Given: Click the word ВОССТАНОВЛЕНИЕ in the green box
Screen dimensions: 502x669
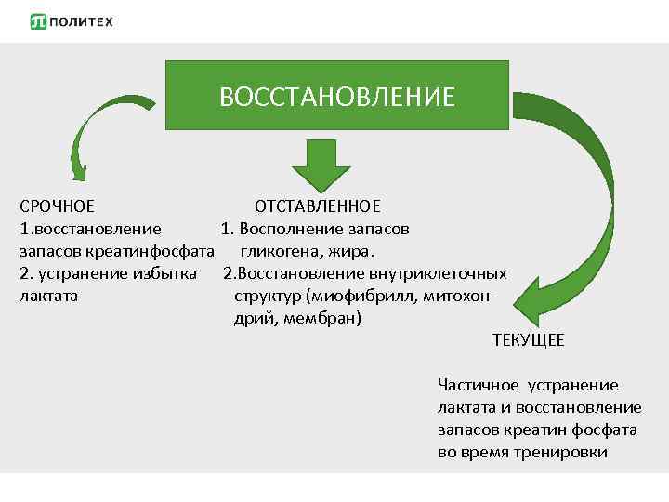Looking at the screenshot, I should [x=337, y=97].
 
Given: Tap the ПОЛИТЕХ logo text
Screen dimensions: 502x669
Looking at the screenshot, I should [x=83, y=21].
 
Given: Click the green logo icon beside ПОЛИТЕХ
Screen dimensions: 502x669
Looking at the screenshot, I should [x=39, y=21].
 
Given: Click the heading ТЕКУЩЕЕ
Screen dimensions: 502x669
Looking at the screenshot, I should [x=528, y=340].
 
